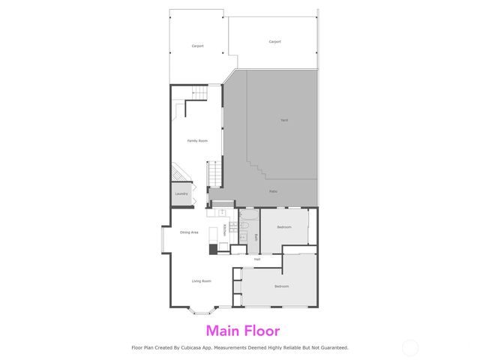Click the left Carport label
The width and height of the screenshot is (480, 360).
click(x=197, y=46)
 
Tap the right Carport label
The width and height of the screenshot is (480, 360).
click(x=274, y=41)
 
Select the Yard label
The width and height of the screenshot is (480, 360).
click(x=284, y=120)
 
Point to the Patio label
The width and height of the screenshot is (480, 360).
click(x=273, y=191)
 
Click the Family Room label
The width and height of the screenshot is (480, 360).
click(x=197, y=140)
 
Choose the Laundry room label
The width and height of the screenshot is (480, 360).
click(x=181, y=193)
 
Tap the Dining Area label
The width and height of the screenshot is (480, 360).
click(x=189, y=232)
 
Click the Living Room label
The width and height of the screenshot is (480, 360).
click(x=201, y=281)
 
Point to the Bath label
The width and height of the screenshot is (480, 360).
click(x=256, y=237)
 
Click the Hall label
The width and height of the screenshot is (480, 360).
click(x=256, y=259)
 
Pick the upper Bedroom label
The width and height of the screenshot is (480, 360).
click(x=284, y=226)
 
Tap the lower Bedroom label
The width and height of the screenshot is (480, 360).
click(x=281, y=286)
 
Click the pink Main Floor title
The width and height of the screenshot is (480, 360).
click(x=242, y=330)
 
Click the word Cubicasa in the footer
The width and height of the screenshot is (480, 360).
click(x=194, y=347)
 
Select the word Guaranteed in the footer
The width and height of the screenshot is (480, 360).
click(x=331, y=347)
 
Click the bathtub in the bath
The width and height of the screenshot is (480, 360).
click(x=249, y=217)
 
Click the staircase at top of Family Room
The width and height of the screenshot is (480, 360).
click(x=197, y=93)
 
